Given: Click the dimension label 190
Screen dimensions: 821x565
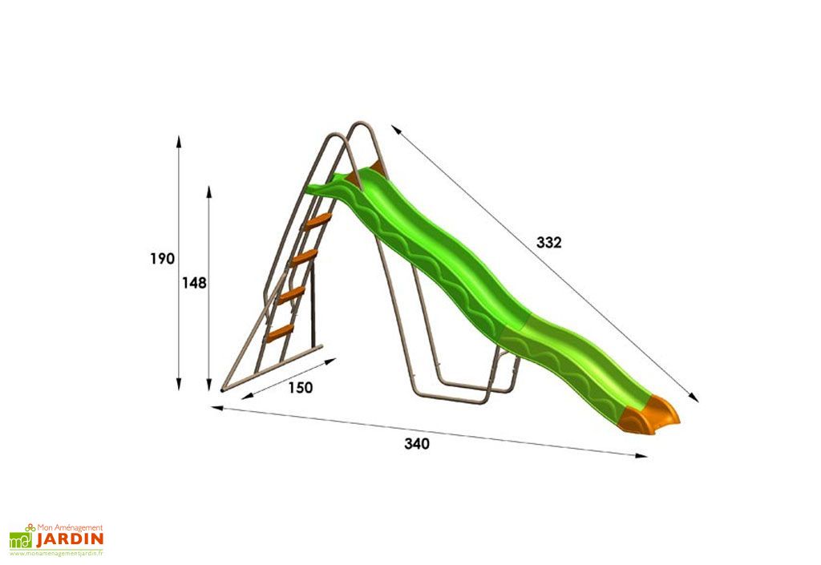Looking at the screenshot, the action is [x=162, y=258].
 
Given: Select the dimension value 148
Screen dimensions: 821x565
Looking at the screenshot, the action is [x=194, y=283].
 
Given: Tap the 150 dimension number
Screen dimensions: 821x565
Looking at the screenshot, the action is [x=301, y=388].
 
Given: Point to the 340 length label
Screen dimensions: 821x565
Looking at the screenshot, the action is [x=417, y=444].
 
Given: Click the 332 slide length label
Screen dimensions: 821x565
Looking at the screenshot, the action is [x=548, y=243].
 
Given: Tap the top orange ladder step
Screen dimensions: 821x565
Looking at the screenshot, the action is [x=317, y=222].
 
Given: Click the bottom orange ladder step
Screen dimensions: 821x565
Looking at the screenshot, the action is [x=280, y=333].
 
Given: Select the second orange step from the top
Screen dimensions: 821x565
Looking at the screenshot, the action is [x=304, y=257].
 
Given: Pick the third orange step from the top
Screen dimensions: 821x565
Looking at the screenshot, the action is [x=291, y=296].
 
